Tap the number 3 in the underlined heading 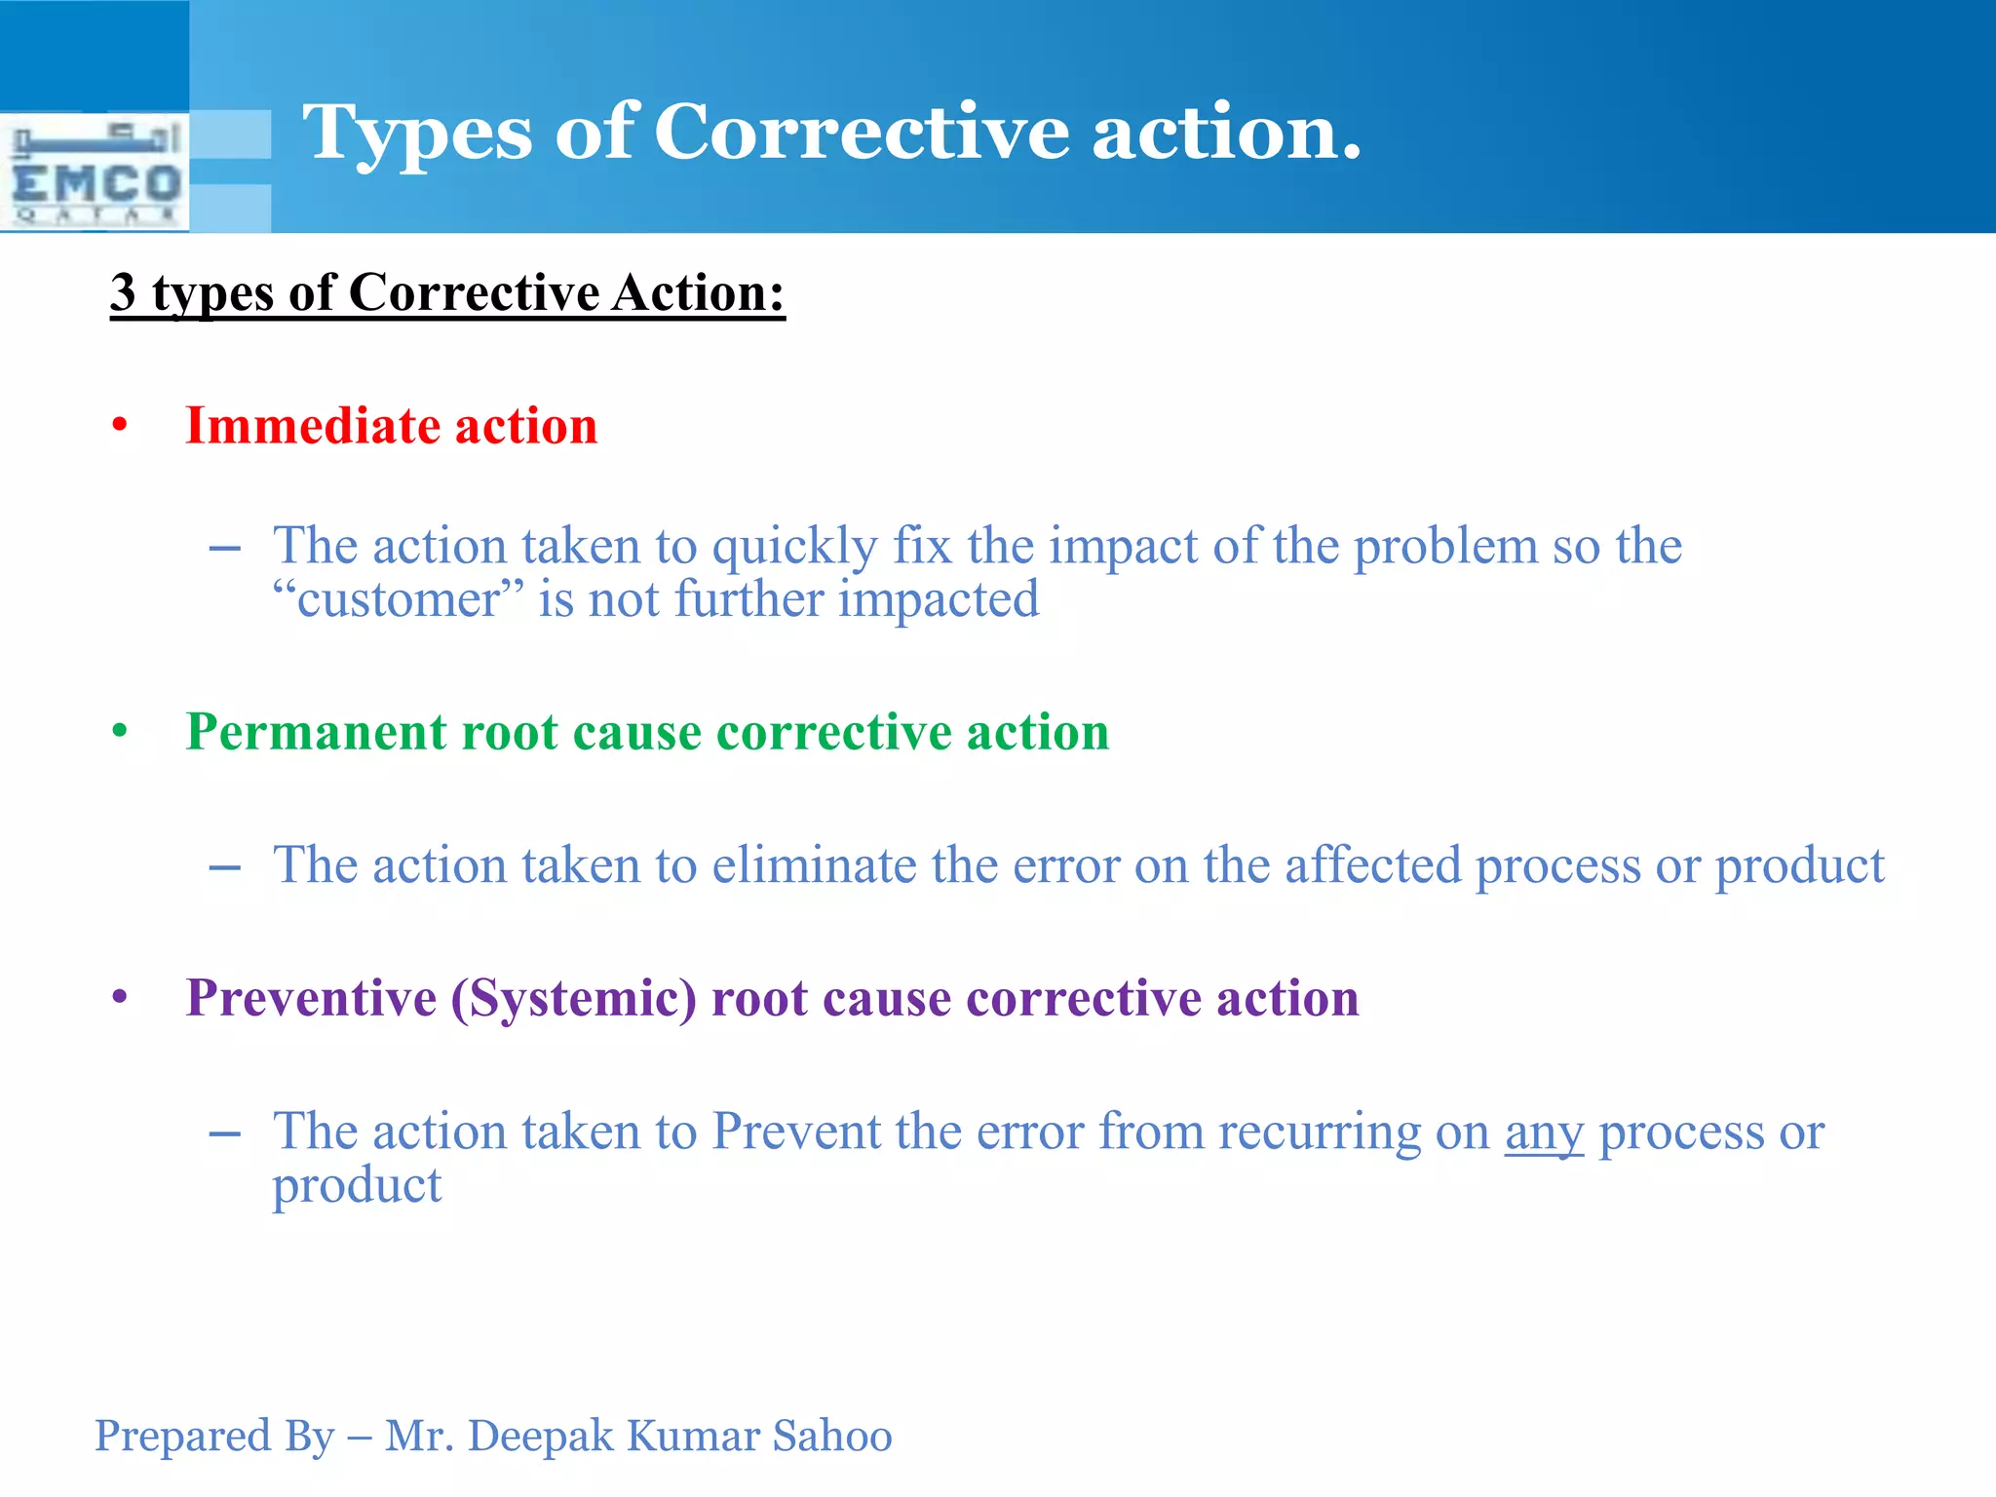(x=124, y=292)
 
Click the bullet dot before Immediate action (x=120, y=426)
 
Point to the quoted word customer (x=399, y=598)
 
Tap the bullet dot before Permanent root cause (x=120, y=731)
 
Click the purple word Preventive (x=311, y=998)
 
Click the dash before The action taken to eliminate (x=225, y=867)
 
